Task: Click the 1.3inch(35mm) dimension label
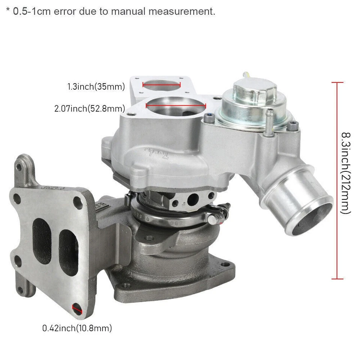pos(96,87)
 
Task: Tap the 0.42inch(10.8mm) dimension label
pos(77,328)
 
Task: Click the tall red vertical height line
pos(337,180)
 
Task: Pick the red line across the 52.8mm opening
pos(175,106)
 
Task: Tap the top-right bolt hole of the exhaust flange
pos(79,200)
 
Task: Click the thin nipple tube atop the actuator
pos(246,75)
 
